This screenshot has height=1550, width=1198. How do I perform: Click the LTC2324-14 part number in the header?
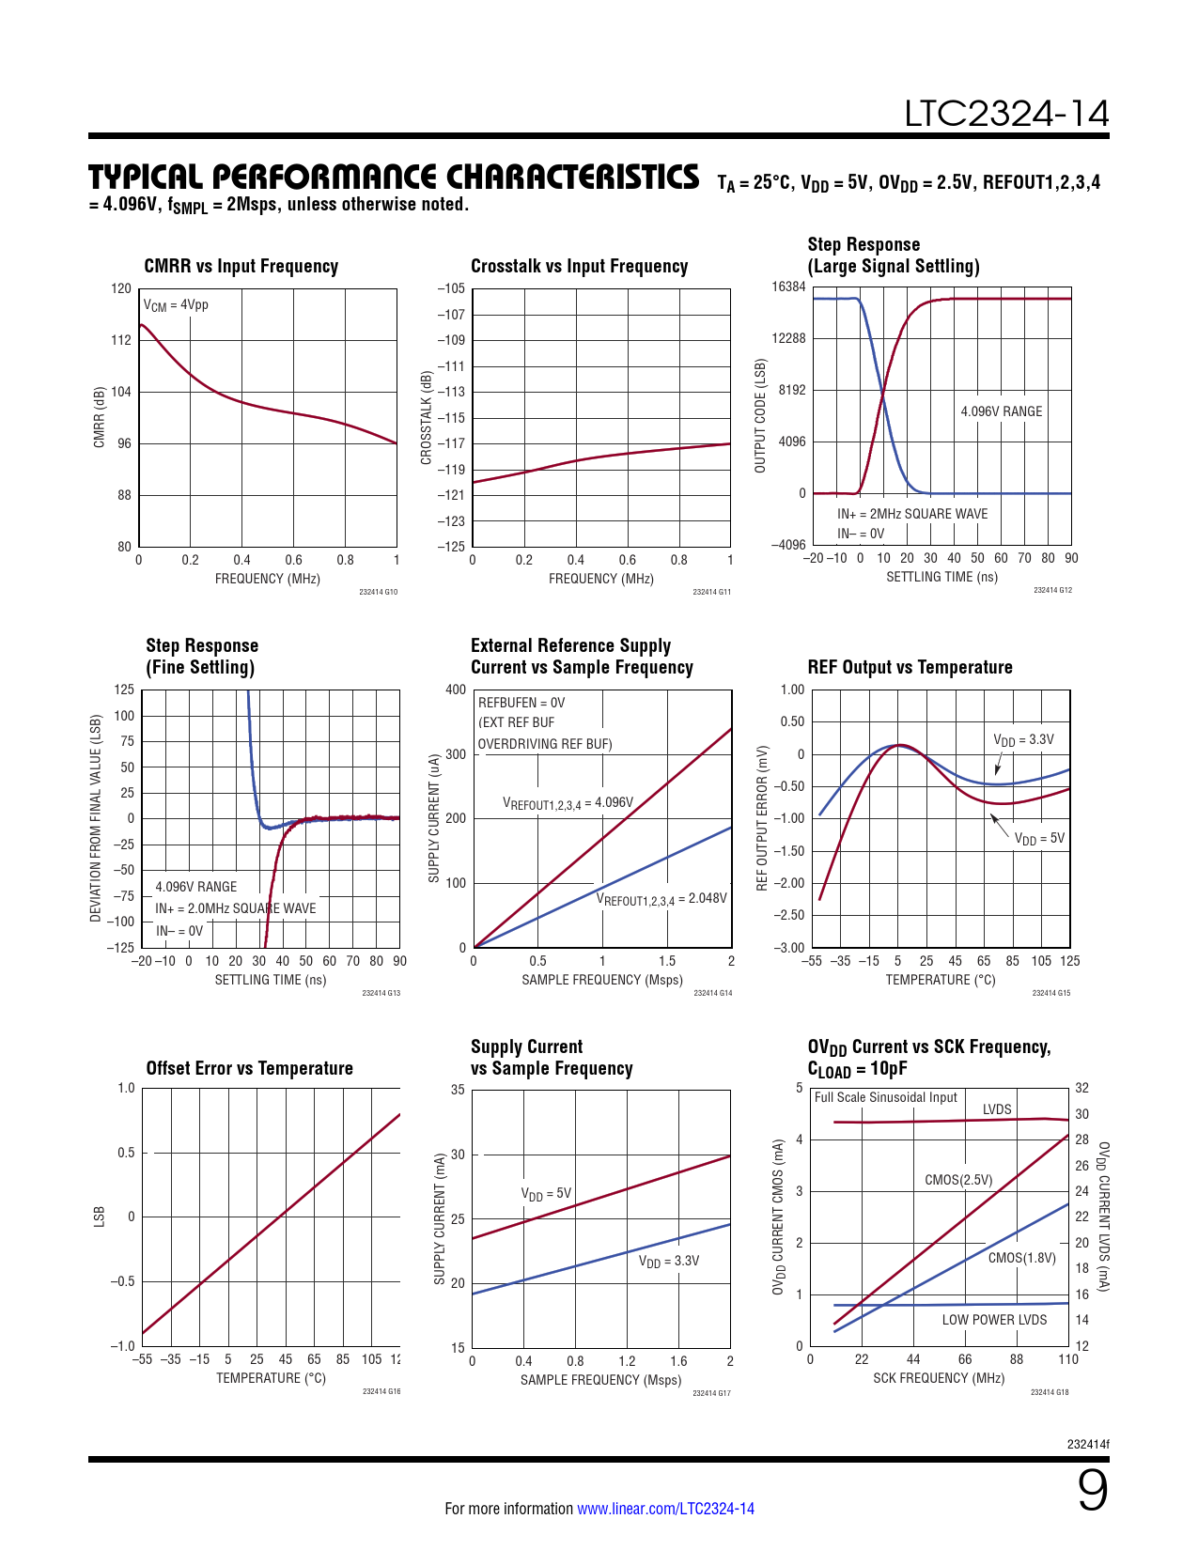point(1006,114)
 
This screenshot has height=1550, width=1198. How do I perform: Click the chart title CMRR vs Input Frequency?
point(241,266)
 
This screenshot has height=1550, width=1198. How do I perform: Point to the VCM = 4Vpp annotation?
point(176,305)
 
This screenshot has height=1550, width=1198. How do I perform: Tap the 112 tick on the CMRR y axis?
point(121,340)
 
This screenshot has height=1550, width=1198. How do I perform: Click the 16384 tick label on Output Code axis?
point(788,287)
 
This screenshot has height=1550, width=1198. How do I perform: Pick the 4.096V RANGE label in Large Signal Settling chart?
point(1001,411)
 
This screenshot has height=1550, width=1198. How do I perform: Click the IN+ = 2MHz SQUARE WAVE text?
point(912,514)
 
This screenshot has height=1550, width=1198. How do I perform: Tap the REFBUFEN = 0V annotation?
point(521,703)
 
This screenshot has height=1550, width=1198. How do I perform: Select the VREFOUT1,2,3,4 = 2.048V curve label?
point(661,899)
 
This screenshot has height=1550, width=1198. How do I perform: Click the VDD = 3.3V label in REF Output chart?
point(1023,740)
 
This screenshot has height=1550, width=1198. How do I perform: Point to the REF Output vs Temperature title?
point(910,667)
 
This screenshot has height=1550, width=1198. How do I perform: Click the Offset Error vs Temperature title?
point(249,1068)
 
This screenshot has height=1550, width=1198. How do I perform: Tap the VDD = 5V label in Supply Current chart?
point(546,1194)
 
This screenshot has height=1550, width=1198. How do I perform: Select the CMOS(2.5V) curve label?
point(958,1180)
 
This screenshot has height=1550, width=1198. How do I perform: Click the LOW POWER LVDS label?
point(994,1320)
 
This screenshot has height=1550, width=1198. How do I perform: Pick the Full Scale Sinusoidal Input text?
point(885,1097)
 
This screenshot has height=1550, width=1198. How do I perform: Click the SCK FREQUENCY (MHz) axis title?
point(939,1378)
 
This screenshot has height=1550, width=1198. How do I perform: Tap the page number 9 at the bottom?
point(1092,1491)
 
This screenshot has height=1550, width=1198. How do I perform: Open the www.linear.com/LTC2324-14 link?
point(665,1509)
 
